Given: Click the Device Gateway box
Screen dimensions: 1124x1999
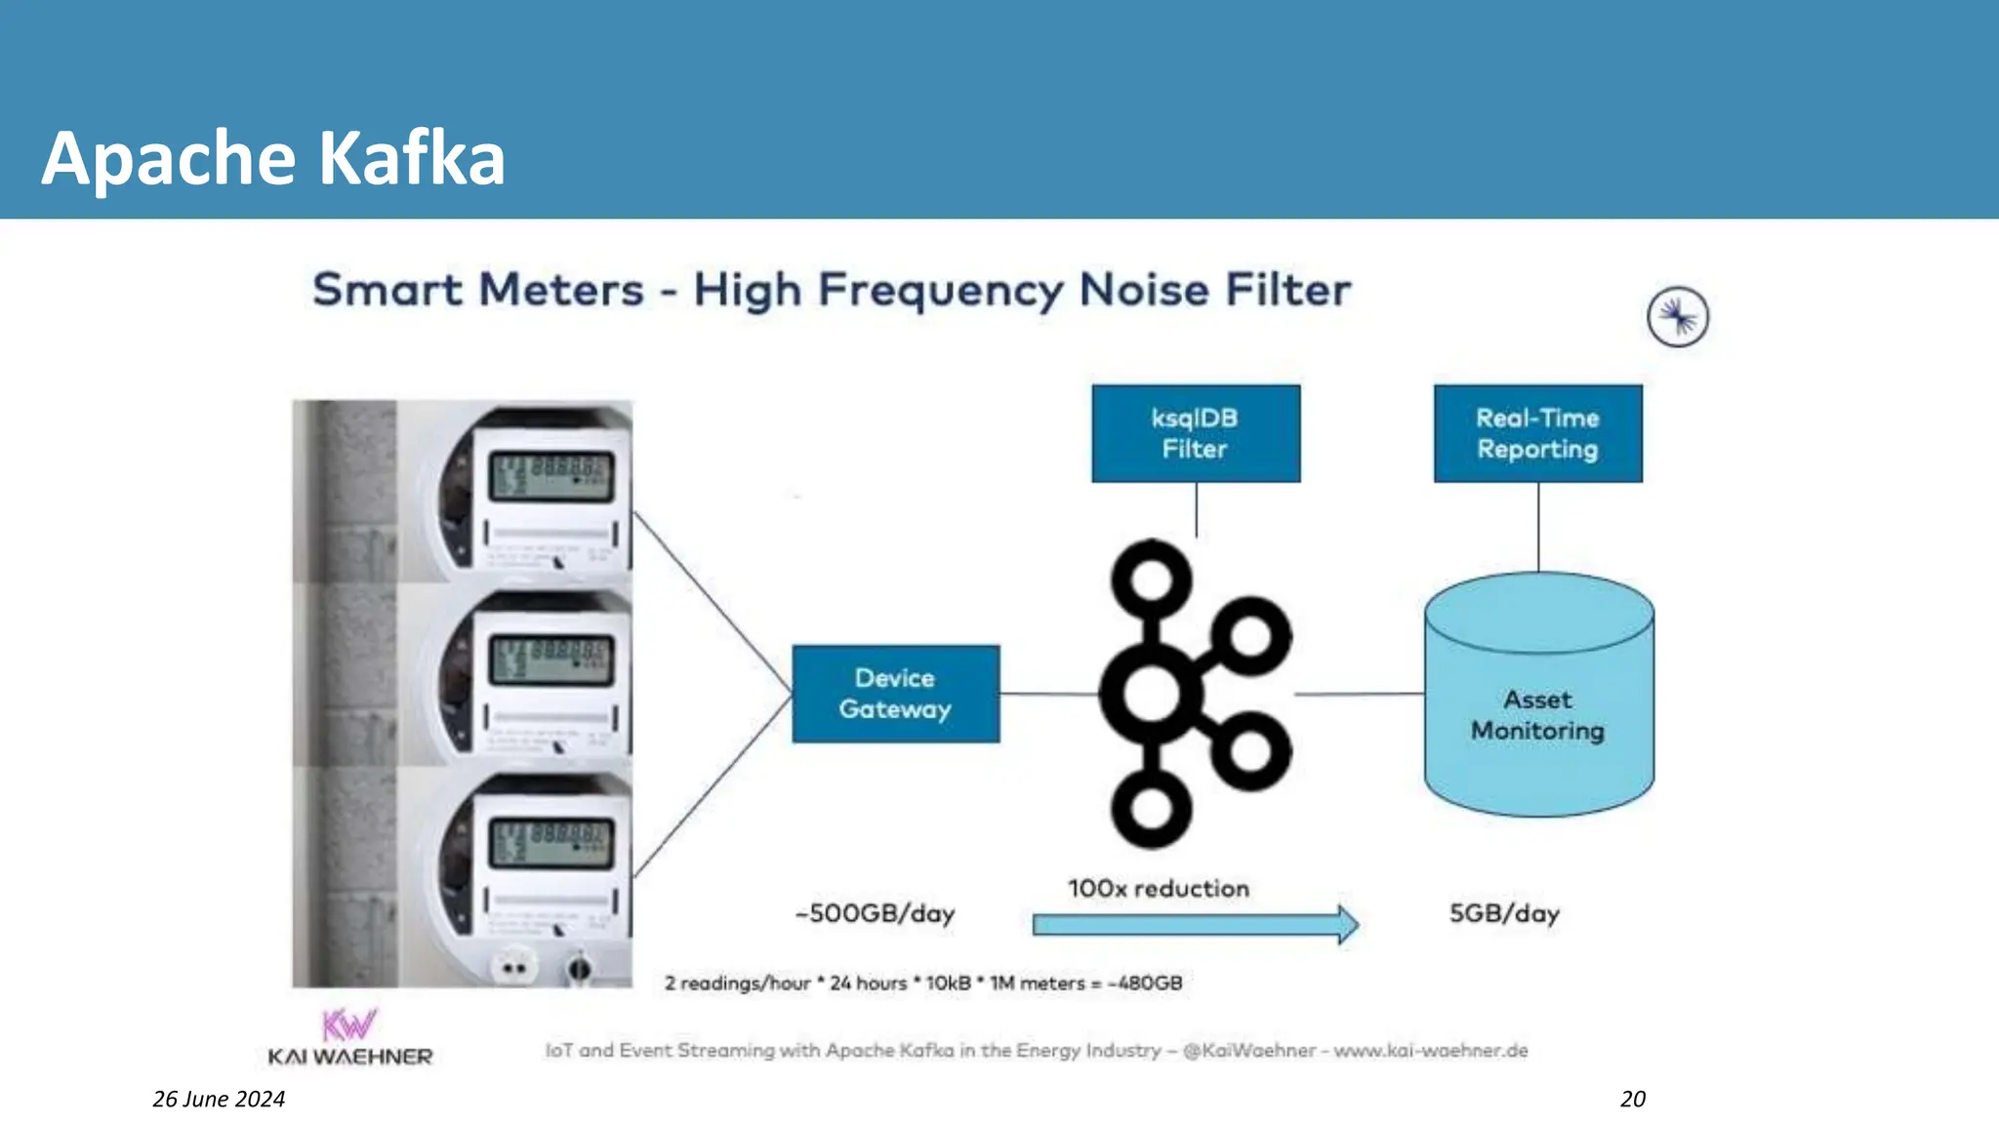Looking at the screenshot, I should (895, 694).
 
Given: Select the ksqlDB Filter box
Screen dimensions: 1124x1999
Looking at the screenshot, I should (1195, 433).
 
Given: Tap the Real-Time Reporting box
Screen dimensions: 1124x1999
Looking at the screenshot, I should (1537, 433).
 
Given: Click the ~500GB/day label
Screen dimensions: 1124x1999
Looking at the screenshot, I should (876, 914).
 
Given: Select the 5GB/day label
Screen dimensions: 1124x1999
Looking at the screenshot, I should (1504, 914).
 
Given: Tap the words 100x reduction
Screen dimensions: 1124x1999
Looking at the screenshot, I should (1158, 889).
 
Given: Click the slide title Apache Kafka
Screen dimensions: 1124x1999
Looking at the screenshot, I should (273, 158).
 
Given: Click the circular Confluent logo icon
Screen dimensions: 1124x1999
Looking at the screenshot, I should (1677, 317).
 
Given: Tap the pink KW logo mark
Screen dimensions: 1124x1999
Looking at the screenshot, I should (348, 1024).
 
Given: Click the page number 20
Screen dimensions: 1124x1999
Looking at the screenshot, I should (1632, 1099).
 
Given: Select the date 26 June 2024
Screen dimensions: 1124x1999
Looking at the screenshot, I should (219, 1099).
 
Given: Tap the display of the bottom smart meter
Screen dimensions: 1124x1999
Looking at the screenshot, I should (551, 843).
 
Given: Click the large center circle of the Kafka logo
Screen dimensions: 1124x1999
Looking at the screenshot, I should (1152, 694).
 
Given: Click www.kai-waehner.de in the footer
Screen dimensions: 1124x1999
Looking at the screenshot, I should (1430, 1051).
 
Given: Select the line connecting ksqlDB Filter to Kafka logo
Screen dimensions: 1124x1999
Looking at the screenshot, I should (1196, 509).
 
